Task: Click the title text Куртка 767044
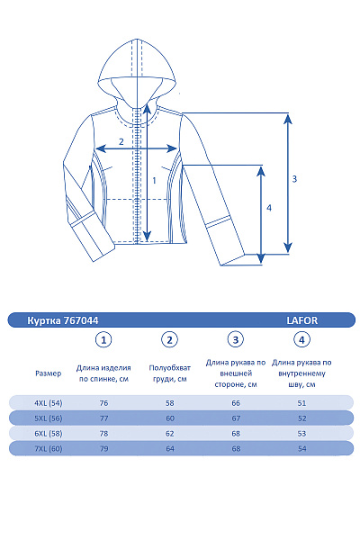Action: [63, 319]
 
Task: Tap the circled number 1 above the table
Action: [104, 339]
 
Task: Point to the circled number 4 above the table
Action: [301, 339]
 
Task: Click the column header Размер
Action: [49, 373]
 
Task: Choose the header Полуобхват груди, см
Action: [169, 373]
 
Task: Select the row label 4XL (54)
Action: [49, 403]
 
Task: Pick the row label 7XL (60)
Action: [49, 448]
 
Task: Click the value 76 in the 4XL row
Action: [104, 403]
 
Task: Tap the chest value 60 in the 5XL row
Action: [169, 418]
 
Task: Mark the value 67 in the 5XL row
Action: [236, 418]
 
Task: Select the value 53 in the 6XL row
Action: [301, 433]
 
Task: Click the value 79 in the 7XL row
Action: [104, 448]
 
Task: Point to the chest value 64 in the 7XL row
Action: [169, 448]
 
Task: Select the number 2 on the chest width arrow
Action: [121, 142]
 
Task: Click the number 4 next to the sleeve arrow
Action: [268, 208]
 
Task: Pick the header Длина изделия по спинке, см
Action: [104, 373]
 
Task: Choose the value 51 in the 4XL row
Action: [301, 403]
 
